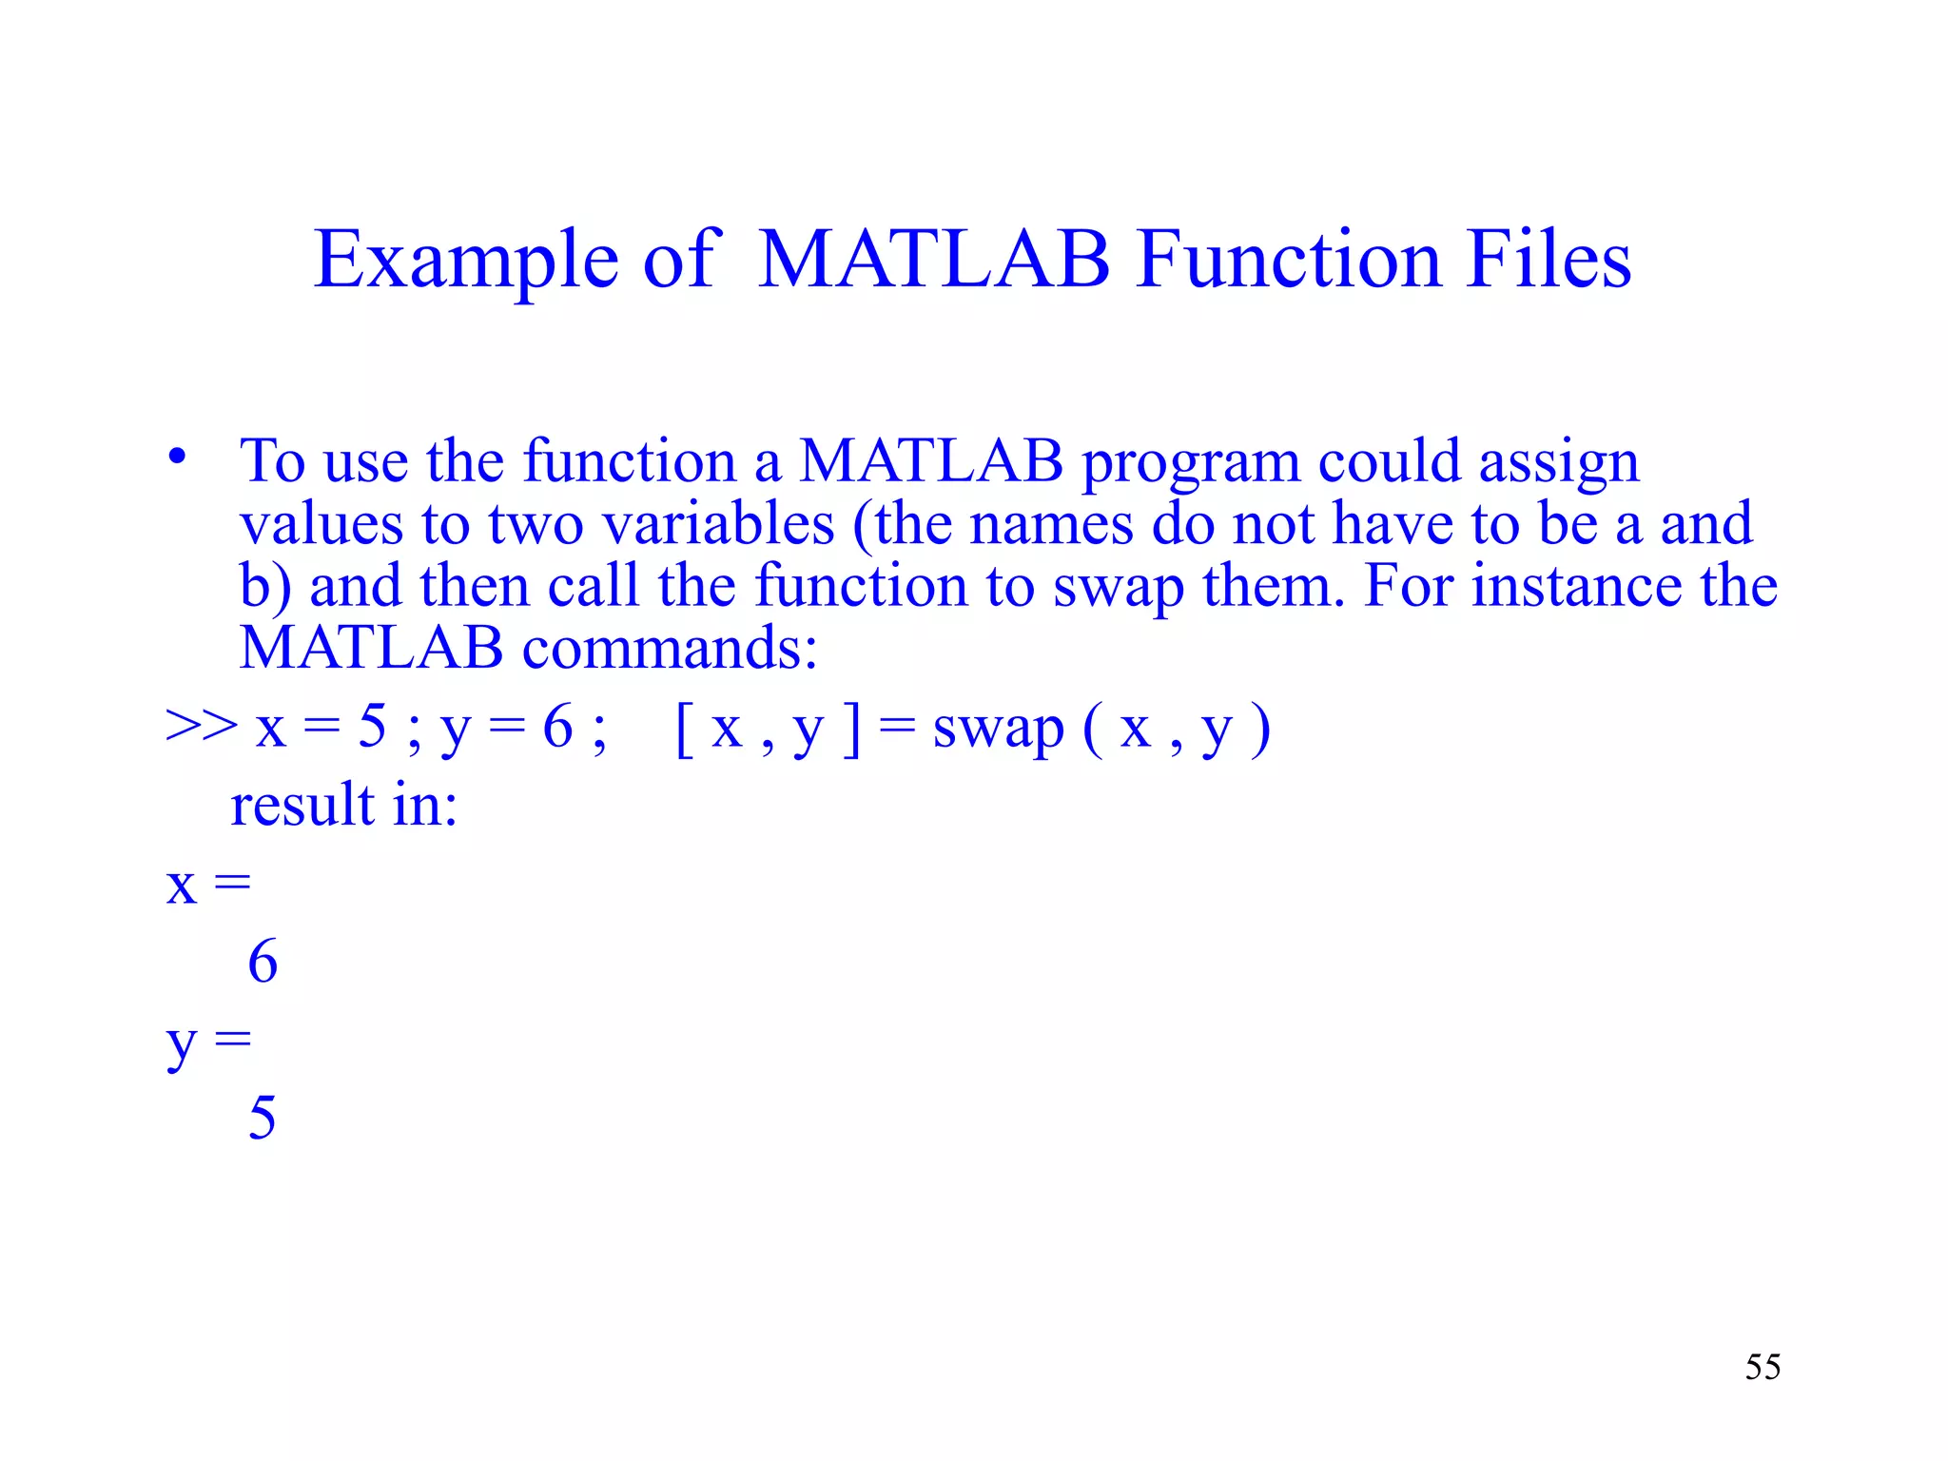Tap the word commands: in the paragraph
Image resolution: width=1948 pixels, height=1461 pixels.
pyautogui.click(x=670, y=649)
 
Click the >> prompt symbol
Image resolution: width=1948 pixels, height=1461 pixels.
pyautogui.click(x=201, y=727)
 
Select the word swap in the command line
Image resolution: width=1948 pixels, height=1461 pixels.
pyautogui.click(x=998, y=730)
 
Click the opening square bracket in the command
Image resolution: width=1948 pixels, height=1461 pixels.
pyautogui.click(x=683, y=730)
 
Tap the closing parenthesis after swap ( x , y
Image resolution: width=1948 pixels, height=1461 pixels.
pyautogui.click(x=1260, y=730)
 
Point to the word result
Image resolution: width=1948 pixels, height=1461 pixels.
pyautogui.click(x=302, y=805)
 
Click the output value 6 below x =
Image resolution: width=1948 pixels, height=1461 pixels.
pyautogui.click(x=263, y=962)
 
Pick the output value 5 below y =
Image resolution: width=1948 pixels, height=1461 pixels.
pyautogui.click(x=263, y=1118)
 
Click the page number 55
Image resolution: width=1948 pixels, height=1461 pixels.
pyautogui.click(x=1763, y=1367)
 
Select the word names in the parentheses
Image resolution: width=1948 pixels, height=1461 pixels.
pyautogui.click(x=1051, y=524)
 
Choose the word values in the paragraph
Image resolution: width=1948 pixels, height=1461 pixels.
pyautogui.click(x=321, y=524)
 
